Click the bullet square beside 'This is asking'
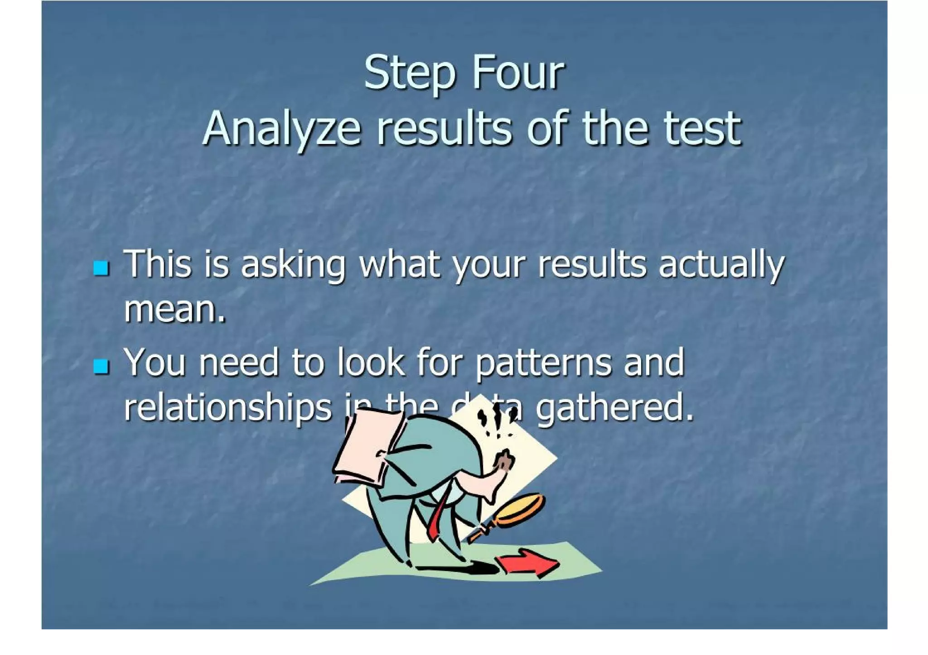click(x=101, y=268)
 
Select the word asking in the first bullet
click(x=293, y=265)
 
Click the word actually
click(x=721, y=265)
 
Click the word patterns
click(x=544, y=363)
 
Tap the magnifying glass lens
click(x=521, y=509)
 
